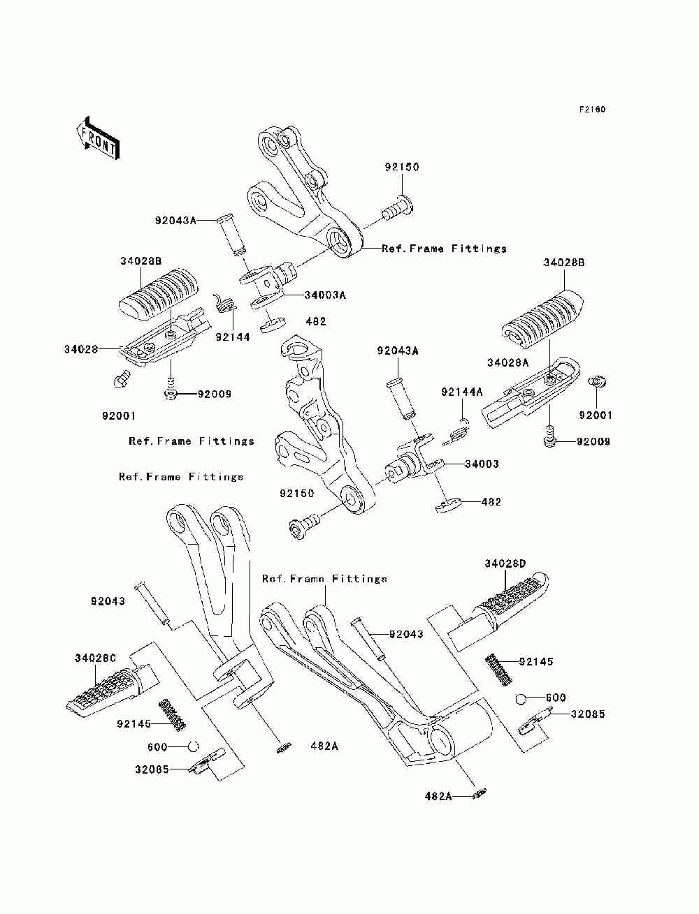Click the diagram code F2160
point(591,110)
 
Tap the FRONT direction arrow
point(99,138)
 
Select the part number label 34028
point(81,349)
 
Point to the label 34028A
point(507,362)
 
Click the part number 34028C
point(96,658)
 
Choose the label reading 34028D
point(505,563)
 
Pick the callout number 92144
point(232,337)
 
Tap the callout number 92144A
point(461,392)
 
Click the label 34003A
point(325,295)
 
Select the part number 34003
point(482,464)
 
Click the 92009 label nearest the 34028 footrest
point(214,394)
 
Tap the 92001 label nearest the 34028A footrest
point(596,415)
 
